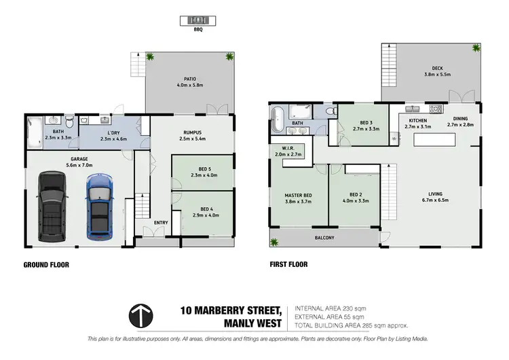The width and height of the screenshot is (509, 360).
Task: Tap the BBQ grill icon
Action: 197,20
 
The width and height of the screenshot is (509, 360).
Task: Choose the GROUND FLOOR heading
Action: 46,265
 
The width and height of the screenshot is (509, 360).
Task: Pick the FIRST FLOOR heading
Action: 288,265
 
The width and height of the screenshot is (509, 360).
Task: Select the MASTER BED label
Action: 297,195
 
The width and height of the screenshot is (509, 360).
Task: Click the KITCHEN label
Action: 417,121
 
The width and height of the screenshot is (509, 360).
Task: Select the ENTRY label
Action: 162,223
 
